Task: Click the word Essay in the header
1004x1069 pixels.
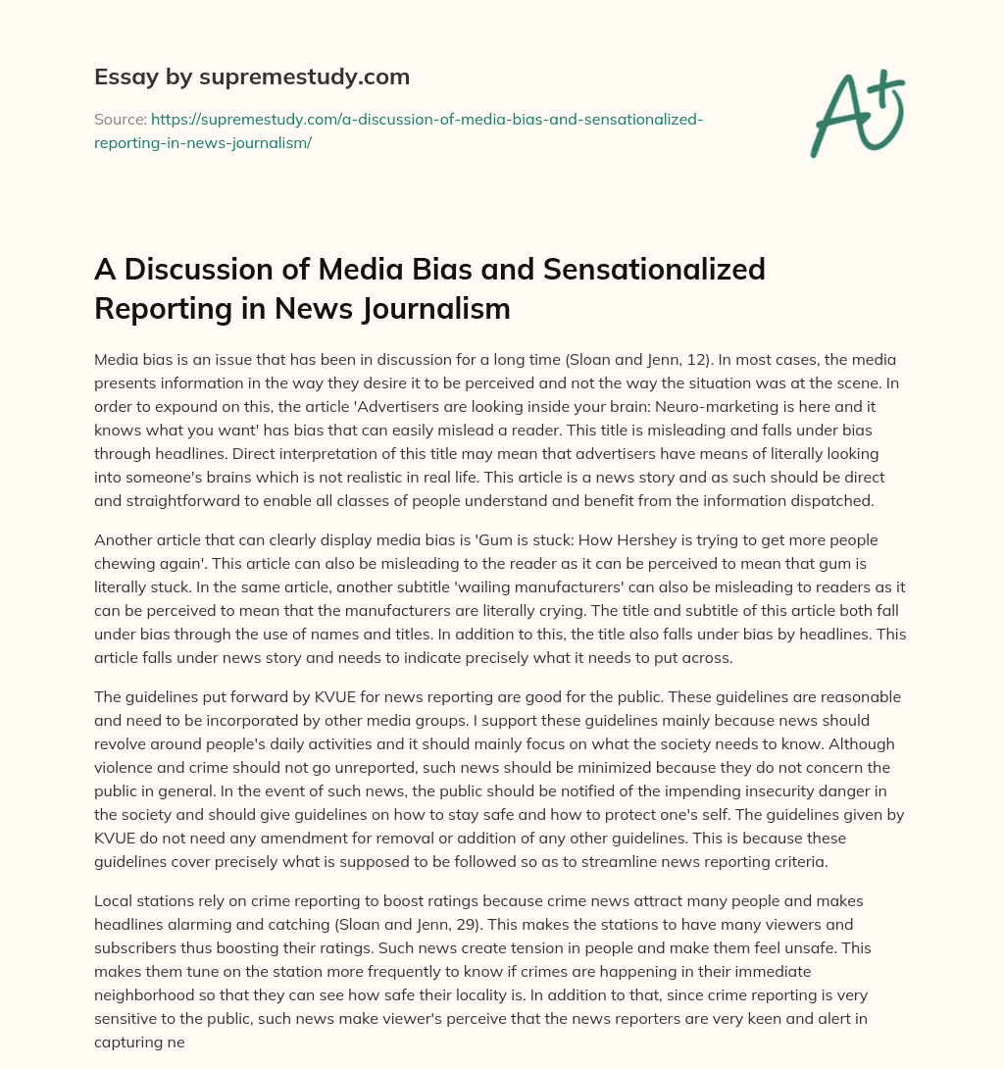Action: tap(121, 76)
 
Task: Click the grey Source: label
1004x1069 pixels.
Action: tap(120, 120)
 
